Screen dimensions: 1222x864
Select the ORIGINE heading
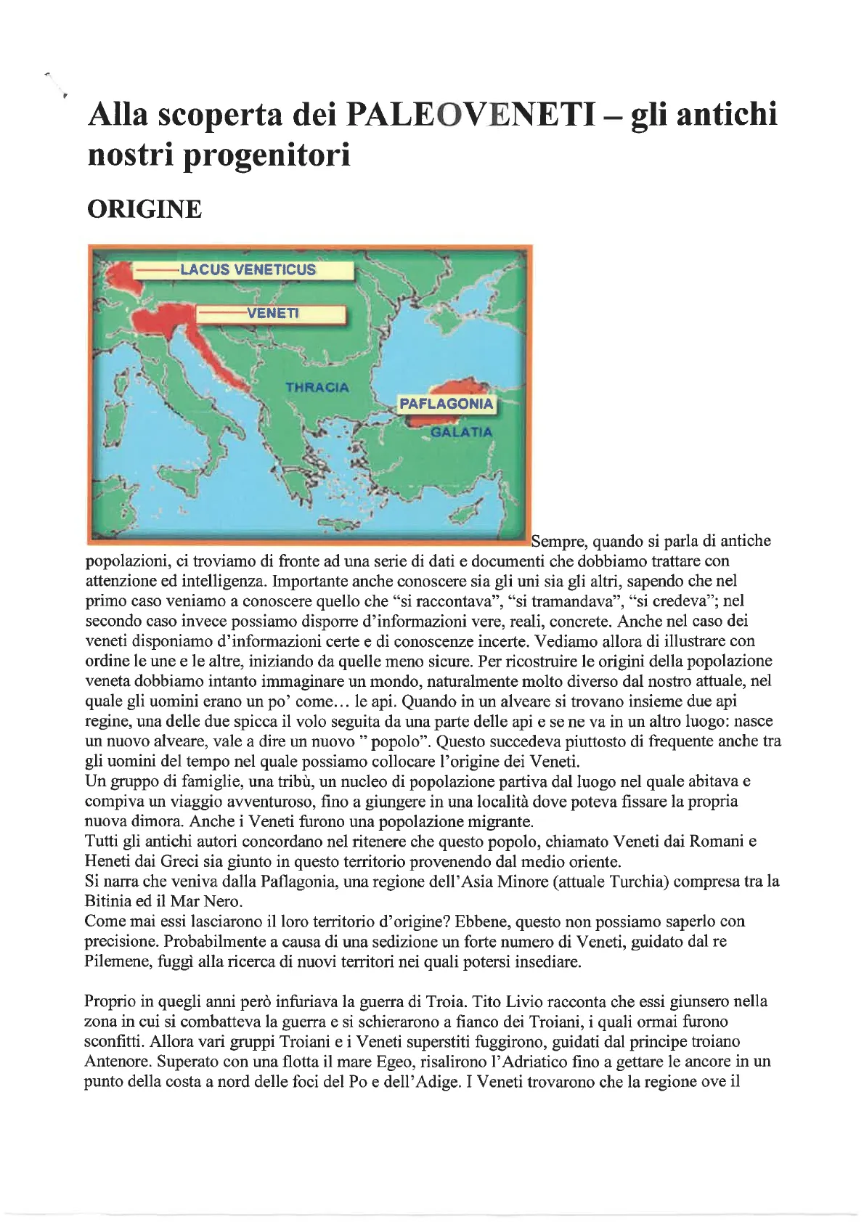(x=144, y=209)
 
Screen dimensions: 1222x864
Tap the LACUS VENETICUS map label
(x=248, y=269)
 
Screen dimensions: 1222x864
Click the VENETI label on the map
(x=272, y=313)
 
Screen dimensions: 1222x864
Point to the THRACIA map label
(x=317, y=388)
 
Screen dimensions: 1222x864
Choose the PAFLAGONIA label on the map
(x=446, y=404)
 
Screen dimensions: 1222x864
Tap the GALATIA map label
(x=461, y=432)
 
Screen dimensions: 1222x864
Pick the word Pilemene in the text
(x=115, y=962)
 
